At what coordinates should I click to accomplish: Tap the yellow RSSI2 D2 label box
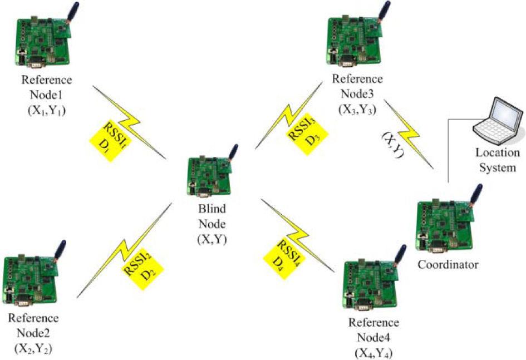pos(136,265)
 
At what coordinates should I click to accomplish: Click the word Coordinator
pos(448,265)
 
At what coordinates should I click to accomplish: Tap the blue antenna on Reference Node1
pos(73,12)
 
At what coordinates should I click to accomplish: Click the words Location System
pos(497,159)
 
